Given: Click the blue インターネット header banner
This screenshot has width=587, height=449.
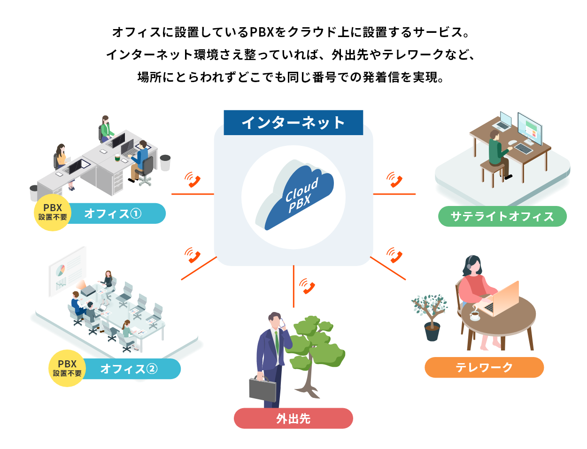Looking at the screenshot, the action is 293,122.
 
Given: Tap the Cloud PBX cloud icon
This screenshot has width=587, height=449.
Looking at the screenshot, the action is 294,195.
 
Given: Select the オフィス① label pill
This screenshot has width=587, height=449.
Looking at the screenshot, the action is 114,213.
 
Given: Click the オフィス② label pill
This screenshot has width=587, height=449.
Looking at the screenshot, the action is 129,369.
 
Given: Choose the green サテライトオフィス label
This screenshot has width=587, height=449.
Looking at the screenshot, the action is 502,216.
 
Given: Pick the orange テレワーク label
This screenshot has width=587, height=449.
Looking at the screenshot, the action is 484,367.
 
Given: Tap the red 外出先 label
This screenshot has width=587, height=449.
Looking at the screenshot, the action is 293,418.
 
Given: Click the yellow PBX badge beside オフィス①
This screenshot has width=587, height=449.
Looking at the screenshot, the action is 53,213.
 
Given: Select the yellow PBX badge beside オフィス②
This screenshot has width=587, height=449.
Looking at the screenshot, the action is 67,368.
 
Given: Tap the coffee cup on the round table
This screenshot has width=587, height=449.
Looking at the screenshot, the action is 475,315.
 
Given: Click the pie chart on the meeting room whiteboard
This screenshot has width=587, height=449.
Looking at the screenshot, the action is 61,270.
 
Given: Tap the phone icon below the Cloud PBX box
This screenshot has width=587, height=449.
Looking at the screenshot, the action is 307,286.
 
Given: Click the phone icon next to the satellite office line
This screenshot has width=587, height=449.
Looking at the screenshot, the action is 394,179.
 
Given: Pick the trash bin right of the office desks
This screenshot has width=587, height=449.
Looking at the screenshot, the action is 165,163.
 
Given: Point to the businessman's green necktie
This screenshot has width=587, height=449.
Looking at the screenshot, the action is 277,342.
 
